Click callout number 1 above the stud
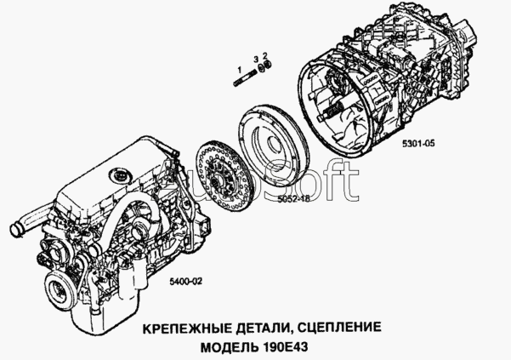point(240,70)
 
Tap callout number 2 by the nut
point(265,54)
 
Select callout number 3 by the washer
point(257,59)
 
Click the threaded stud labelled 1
point(245,79)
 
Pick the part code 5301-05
point(418,143)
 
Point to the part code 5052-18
point(293,198)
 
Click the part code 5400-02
point(185,281)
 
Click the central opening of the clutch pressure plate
point(273,145)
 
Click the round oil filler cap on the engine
point(119,175)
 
